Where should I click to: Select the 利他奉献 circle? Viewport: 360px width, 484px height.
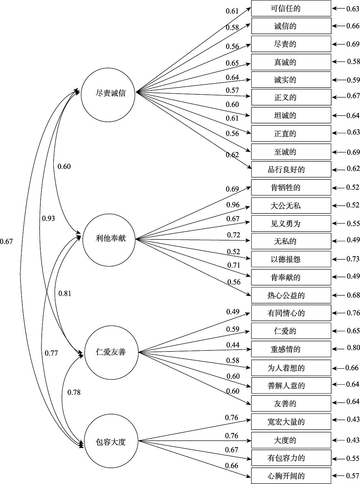tap(110, 238)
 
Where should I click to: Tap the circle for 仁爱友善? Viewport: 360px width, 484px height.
tap(111, 352)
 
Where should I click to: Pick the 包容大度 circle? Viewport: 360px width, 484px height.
tap(111, 442)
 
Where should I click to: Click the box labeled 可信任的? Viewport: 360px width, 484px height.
tap(291, 9)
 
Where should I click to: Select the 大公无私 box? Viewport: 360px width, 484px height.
tap(291, 206)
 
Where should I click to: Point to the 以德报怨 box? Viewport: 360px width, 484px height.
tap(291, 259)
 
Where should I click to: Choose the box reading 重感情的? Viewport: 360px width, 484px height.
tap(291, 349)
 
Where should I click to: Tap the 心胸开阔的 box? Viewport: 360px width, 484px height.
tap(291, 476)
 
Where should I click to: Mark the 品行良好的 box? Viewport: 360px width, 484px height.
tap(291, 169)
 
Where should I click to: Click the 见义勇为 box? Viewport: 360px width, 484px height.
tap(291, 224)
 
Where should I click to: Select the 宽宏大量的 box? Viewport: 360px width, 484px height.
tap(291, 422)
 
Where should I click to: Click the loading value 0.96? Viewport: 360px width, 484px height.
tap(233, 205)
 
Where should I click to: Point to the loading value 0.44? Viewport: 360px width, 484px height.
tap(233, 345)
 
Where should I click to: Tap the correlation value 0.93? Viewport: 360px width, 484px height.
tap(49, 218)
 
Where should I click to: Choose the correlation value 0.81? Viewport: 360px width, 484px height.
tap(65, 293)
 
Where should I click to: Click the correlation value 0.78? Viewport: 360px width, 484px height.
tap(74, 392)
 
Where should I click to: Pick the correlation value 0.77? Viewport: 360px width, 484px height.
tap(51, 353)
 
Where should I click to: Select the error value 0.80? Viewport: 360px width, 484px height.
tap(353, 348)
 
